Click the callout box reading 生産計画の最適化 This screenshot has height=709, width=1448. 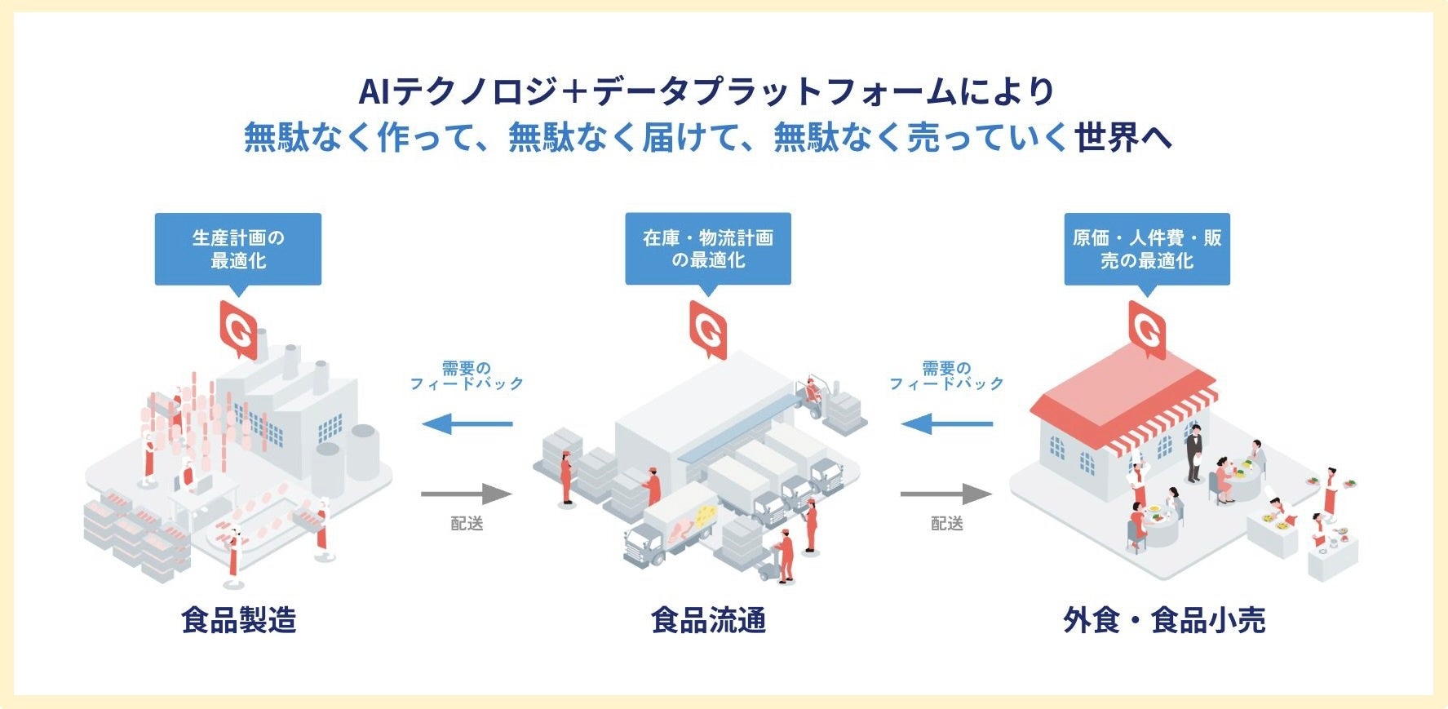click(x=237, y=249)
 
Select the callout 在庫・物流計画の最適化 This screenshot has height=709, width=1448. click(x=707, y=249)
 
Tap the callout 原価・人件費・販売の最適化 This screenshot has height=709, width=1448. click(x=1146, y=249)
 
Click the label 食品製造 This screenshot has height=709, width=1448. click(x=238, y=620)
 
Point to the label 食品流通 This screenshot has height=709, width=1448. click(x=708, y=620)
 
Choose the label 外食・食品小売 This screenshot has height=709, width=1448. click(x=1163, y=620)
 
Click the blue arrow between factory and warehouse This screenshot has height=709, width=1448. click(x=467, y=424)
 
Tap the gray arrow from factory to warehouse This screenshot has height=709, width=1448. click(x=466, y=494)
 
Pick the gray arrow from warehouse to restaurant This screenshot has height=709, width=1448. click(x=945, y=494)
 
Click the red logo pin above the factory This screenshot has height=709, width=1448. click(x=238, y=328)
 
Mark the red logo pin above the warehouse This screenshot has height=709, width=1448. click(x=707, y=328)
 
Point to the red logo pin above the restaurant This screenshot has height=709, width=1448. click(x=1146, y=328)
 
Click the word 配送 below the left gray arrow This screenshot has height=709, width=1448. click(x=467, y=523)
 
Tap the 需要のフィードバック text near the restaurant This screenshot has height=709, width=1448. click(x=946, y=375)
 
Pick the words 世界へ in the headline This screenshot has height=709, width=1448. click(x=1123, y=137)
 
